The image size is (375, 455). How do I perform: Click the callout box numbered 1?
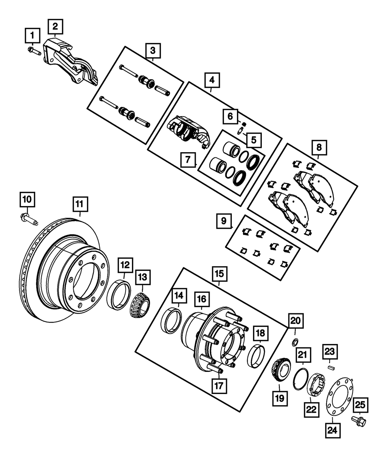32,36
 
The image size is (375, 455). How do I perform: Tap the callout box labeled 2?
55,27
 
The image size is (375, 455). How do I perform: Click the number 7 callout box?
188,160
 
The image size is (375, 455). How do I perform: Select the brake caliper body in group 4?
186,130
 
